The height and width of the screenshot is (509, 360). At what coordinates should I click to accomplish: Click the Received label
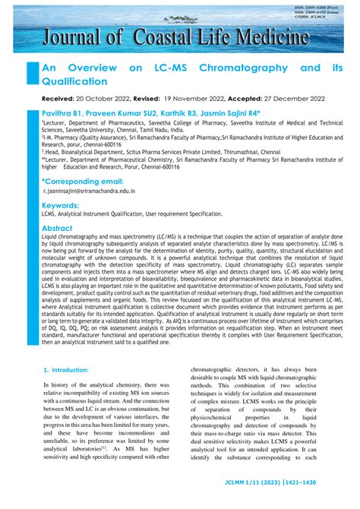point(62,99)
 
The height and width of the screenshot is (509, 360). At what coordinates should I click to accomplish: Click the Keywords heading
point(61,206)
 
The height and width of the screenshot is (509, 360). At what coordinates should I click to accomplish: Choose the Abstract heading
point(57,228)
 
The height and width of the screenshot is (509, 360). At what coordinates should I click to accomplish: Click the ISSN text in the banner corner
point(319,7)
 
